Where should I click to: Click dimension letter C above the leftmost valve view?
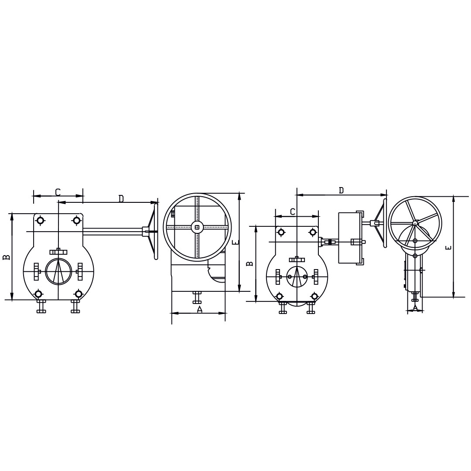pos(58,192)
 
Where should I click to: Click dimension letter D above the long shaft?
pos(121,198)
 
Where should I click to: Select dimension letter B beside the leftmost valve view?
pos(6,257)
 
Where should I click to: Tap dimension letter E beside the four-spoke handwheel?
pos(235,242)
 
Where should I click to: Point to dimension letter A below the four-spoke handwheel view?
pos(199,309)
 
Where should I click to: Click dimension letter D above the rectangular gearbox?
pos(341,190)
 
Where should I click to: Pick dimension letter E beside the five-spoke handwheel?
pos(448,248)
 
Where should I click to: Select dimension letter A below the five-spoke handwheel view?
pos(415,308)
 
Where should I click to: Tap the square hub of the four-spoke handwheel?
pos(197,227)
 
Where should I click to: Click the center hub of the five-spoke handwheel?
pos(415,223)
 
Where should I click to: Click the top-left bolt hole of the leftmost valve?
pos(40,220)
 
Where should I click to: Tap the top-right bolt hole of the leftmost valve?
pos(77,220)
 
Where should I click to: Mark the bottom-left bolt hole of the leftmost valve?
pos(39,294)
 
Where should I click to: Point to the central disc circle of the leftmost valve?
pos(58,271)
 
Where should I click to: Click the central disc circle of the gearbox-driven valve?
pos(297,276)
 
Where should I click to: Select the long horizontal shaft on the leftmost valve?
pos(113,232)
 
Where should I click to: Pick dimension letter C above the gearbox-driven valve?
pos(293,212)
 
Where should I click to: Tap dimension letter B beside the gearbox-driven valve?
pos(249,263)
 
